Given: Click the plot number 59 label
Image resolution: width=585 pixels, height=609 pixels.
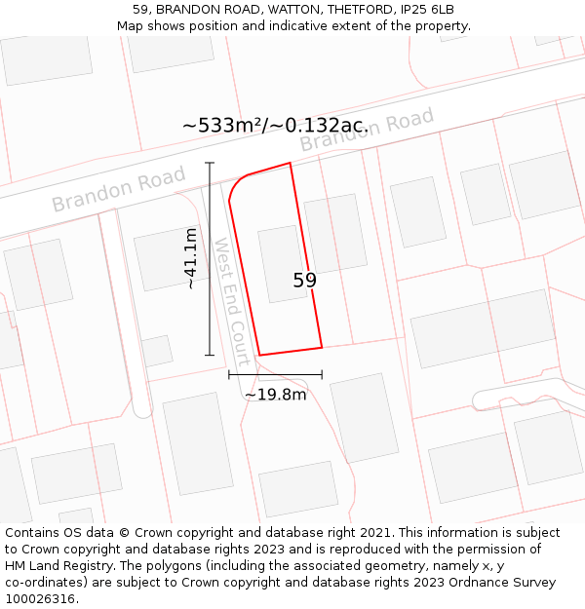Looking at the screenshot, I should pos(304,281).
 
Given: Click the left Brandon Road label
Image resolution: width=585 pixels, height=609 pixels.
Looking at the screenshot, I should pos(119,189).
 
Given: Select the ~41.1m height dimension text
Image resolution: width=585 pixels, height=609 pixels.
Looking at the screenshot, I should pos(191,258).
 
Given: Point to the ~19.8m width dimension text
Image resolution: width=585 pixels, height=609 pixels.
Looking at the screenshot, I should pos(275,395).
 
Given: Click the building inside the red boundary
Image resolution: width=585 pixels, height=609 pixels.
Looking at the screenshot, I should pos(282,263).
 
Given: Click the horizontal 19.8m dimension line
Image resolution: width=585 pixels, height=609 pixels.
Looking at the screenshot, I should pos(275,374).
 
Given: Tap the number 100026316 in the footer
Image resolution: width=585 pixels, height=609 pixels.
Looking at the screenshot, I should pos(41,599).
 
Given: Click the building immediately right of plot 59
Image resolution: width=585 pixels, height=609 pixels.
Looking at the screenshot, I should pos(335,234).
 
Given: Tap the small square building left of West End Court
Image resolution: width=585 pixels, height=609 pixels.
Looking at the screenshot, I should pos(157,351).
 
